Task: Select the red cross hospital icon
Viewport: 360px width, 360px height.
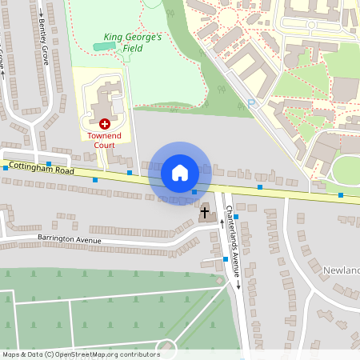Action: point(104,124)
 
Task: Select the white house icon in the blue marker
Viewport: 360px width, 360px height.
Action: point(180,173)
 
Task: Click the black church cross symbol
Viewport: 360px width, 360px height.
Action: point(205,213)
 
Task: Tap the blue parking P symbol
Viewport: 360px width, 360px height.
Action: point(250,102)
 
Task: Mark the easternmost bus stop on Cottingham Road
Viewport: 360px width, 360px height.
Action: point(341,195)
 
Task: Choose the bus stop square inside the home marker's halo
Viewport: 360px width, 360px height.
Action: point(194,191)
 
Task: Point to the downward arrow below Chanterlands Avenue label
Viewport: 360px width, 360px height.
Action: point(238,286)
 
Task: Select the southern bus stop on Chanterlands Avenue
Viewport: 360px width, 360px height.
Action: point(226,259)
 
